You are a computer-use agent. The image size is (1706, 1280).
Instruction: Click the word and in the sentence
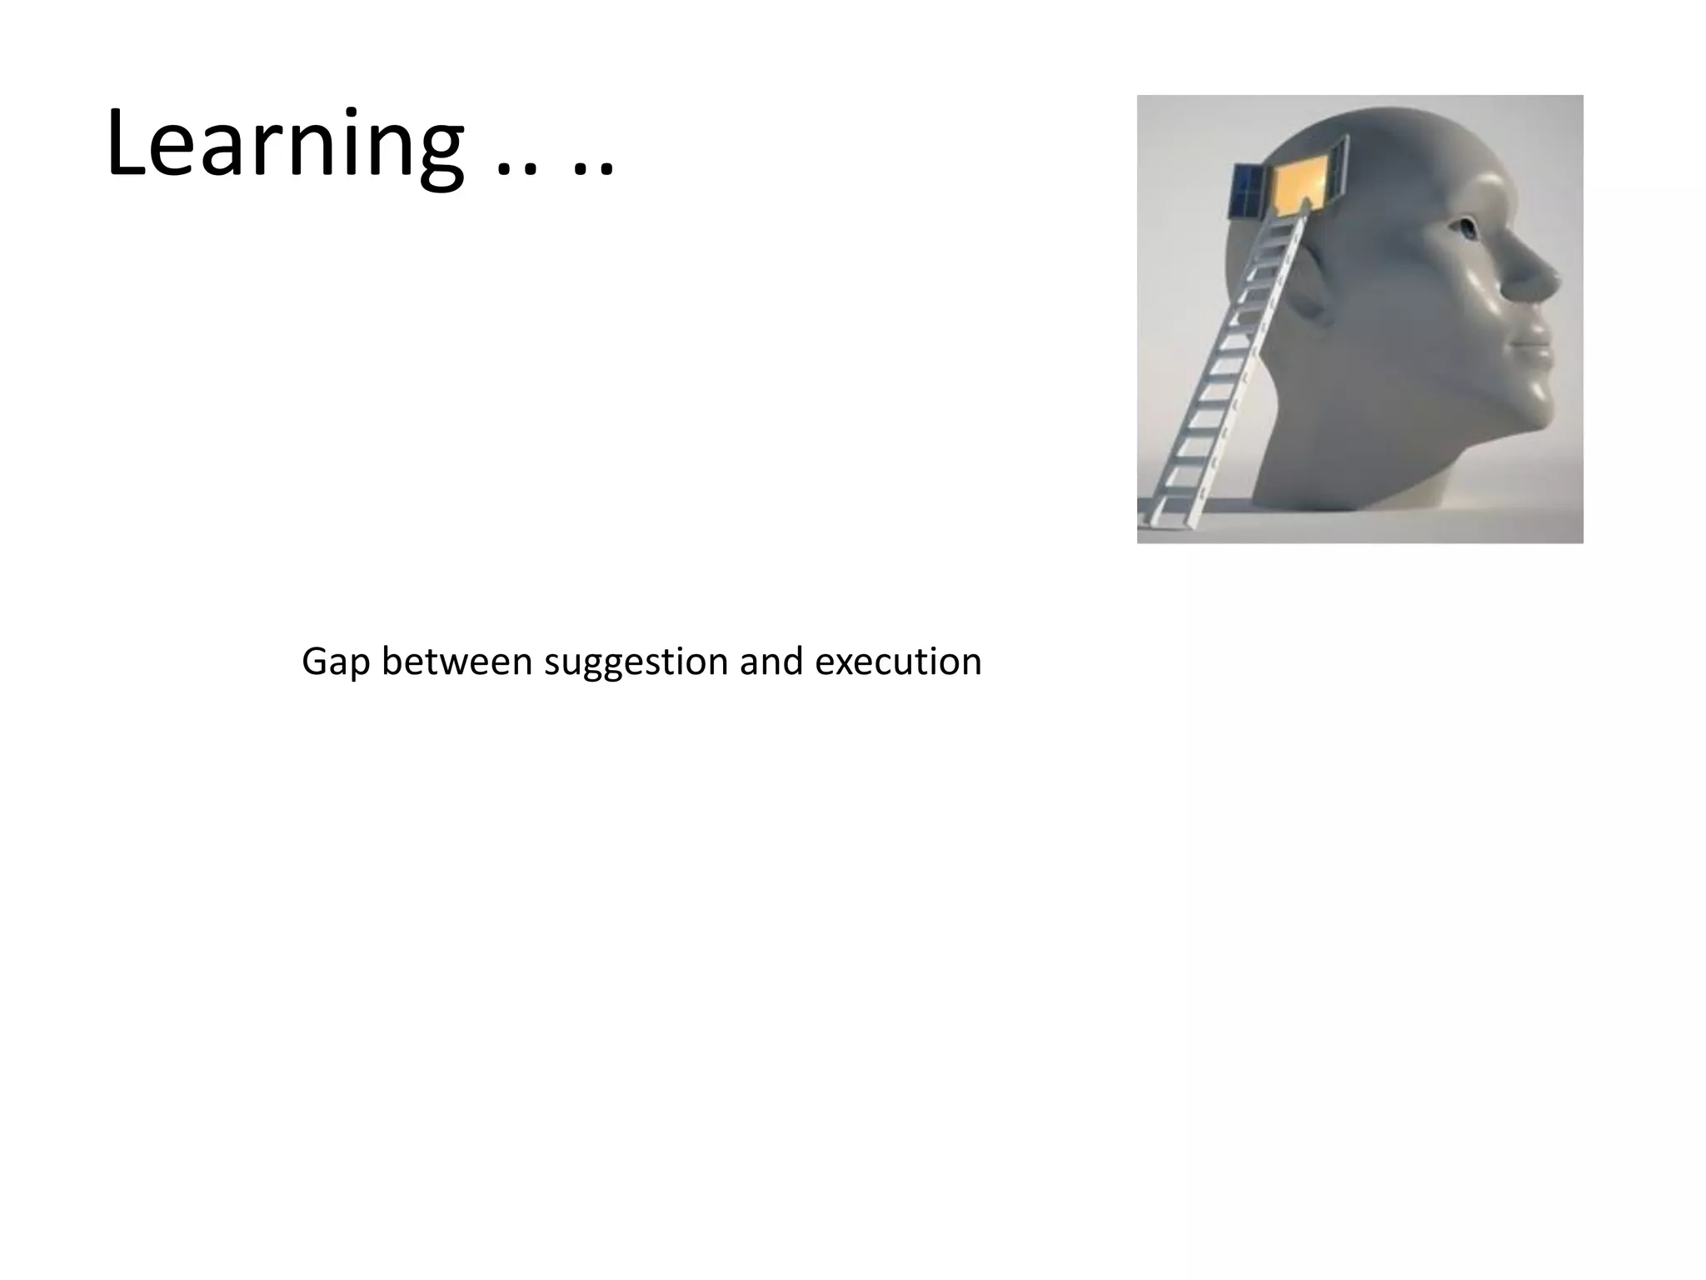click(771, 662)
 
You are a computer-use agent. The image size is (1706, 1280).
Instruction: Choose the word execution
click(898, 662)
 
